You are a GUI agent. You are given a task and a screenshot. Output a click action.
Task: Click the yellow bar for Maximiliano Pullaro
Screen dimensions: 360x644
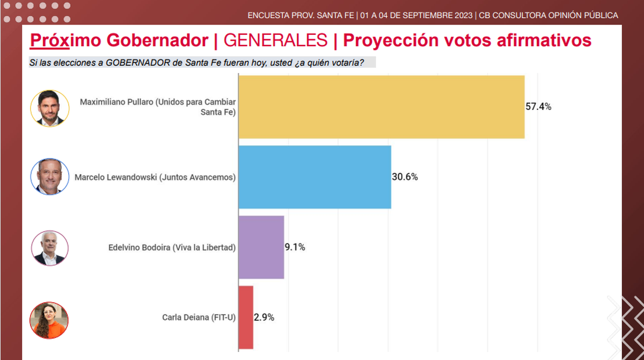click(381, 107)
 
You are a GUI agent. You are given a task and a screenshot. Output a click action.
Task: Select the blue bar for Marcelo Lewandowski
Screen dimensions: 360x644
click(314, 177)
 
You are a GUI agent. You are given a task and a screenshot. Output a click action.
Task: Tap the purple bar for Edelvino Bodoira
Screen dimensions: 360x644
click(261, 247)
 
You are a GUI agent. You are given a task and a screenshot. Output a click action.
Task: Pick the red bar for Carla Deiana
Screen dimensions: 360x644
click(245, 317)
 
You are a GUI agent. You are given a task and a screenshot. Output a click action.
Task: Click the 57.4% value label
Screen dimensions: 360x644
click(538, 107)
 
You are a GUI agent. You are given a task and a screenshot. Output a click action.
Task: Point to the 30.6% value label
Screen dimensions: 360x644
click(405, 177)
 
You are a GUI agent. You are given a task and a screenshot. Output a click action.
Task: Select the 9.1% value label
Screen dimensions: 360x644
click(295, 247)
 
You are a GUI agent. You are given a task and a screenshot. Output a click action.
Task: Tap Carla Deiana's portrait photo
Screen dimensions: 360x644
click(49, 320)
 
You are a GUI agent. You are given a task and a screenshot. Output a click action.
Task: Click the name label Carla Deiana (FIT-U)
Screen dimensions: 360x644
click(199, 317)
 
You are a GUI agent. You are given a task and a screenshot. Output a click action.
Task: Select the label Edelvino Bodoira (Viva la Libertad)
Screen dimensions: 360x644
click(172, 247)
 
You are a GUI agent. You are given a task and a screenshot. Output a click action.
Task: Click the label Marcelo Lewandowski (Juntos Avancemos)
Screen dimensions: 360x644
click(155, 177)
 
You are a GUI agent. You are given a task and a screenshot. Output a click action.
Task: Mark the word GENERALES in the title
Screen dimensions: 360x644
click(275, 40)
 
